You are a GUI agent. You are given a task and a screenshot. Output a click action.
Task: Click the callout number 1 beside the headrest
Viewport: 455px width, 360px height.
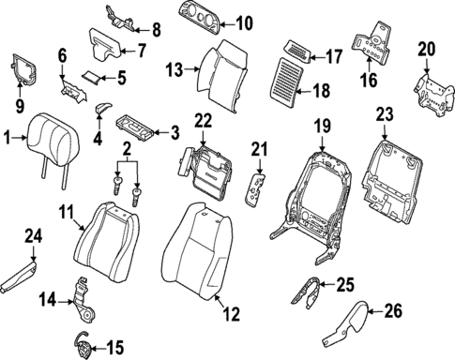pos(7,138)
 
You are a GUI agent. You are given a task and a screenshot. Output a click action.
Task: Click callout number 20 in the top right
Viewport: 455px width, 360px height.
pos(427,48)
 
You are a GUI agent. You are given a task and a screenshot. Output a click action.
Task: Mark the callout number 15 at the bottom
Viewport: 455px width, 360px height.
pos(114,349)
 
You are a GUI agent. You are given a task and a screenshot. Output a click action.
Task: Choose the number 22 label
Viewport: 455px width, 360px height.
pos(204,120)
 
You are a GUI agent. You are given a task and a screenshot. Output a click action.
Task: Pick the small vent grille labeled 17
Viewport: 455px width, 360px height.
pos(298,51)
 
